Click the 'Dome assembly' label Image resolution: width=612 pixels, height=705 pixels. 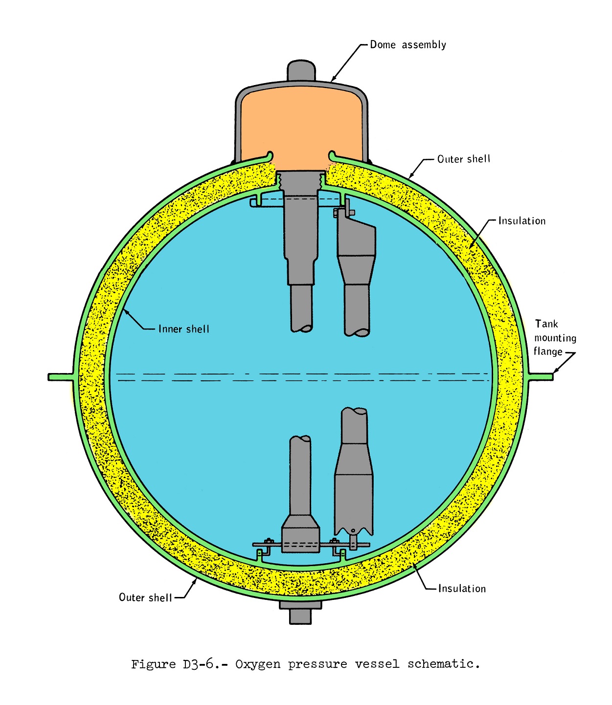coord(408,44)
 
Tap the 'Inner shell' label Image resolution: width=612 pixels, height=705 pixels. coord(183,329)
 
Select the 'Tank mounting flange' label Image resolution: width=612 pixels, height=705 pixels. coord(555,338)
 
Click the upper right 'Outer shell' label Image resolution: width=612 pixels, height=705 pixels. coord(463,159)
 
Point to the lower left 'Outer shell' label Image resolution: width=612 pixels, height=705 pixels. coord(145,597)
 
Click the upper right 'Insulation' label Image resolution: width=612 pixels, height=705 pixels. coord(521,221)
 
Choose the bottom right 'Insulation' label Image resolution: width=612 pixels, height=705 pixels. coord(462,589)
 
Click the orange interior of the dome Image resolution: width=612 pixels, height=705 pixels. coord(301,127)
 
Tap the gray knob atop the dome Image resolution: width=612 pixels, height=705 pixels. coord(301,70)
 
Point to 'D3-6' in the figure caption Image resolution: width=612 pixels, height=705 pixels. coord(198,664)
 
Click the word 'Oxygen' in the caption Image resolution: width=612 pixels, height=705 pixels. coord(258,664)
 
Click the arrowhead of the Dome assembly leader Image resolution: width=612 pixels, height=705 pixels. coord(334,79)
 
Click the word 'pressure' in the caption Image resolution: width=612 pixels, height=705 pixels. coord(317,664)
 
